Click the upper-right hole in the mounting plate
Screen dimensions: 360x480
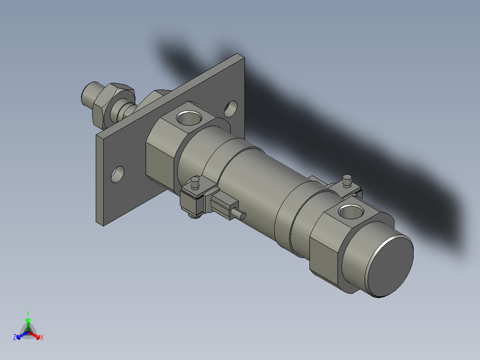click(231, 108)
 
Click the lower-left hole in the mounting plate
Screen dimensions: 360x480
click(118, 174)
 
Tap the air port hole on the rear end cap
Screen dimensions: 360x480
click(351, 212)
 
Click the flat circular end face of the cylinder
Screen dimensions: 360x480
click(391, 266)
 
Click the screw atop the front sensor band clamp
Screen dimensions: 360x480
click(195, 182)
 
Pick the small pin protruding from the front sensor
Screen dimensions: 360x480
click(241, 215)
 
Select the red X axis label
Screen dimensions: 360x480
click(42, 338)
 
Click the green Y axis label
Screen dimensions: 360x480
click(28, 313)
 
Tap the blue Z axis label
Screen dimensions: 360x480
click(15, 338)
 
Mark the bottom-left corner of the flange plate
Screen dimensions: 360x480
click(103, 225)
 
